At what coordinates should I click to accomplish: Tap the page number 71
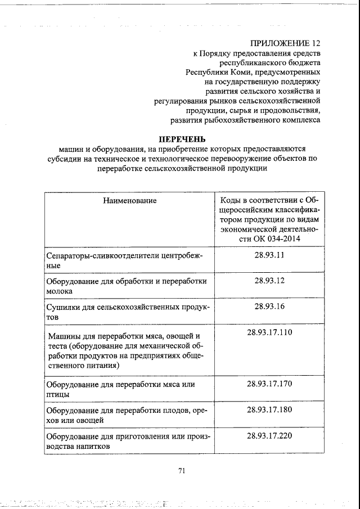click(182, 471)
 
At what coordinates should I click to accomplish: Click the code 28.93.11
click(269, 255)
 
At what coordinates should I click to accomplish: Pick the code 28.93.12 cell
click(269, 280)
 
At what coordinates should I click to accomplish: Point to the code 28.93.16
click(269, 306)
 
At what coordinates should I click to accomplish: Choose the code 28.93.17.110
click(269, 332)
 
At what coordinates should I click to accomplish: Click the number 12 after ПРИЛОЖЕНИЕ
click(316, 43)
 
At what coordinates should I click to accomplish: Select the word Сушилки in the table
click(62, 307)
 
